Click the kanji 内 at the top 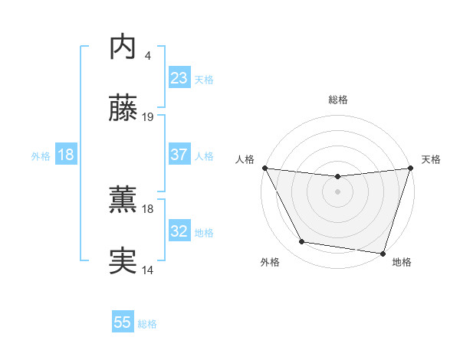click(x=123, y=47)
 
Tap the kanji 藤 click(x=123, y=110)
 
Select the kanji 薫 click(x=123, y=201)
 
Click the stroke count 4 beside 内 click(x=147, y=55)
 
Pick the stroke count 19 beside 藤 click(x=148, y=117)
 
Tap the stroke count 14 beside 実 click(x=148, y=270)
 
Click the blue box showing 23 click(x=179, y=78)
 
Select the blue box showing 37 click(x=179, y=155)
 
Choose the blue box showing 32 click(x=179, y=231)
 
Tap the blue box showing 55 click(x=123, y=322)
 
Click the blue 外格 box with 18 click(x=66, y=155)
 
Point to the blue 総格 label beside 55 click(x=147, y=324)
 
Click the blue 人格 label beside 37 click(x=204, y=155)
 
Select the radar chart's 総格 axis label click(x=337, y=100)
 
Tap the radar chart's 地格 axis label click(x=402, y=263)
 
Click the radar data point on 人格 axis click(x=264, y=168)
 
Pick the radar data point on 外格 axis click(x=302, y=242)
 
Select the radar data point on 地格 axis click(x=383, y=253)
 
